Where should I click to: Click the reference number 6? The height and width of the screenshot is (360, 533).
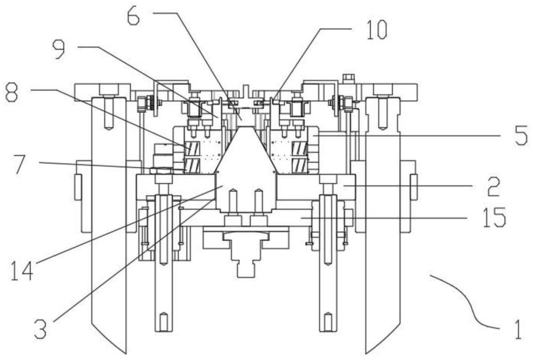[134, 17]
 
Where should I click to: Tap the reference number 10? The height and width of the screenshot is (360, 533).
[377, 29]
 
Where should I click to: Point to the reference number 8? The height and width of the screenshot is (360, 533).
[12, 93]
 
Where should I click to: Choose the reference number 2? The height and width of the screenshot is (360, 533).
[494, 186]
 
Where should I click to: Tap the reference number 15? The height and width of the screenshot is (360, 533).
[495, 217]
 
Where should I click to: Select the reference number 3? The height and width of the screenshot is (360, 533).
[40, 329]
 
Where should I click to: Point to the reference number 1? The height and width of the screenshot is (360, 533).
[518, 330]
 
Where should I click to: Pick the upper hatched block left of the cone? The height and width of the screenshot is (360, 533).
[191, 148]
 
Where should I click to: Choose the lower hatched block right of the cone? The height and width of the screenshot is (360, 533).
[300, 165]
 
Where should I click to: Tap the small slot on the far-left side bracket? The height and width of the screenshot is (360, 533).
[77, 187]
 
